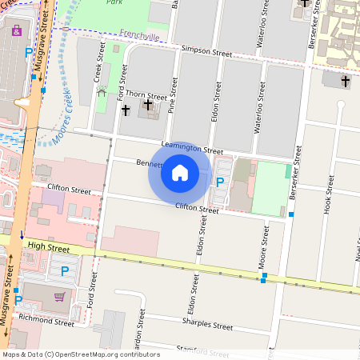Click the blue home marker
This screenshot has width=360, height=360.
click(180, 173)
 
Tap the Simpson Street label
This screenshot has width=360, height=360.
click(206, 53)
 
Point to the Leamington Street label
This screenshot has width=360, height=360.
click(191, 147)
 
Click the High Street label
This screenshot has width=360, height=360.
click(48, 249)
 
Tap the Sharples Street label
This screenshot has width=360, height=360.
click(207, 326)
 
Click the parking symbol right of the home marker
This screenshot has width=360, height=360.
click(220, 182)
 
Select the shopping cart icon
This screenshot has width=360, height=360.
click(58, 296)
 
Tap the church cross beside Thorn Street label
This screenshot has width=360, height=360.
click(147, 106)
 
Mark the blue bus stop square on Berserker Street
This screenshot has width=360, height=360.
click(291, 214)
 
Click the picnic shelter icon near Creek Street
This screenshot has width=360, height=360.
click(101, 92)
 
